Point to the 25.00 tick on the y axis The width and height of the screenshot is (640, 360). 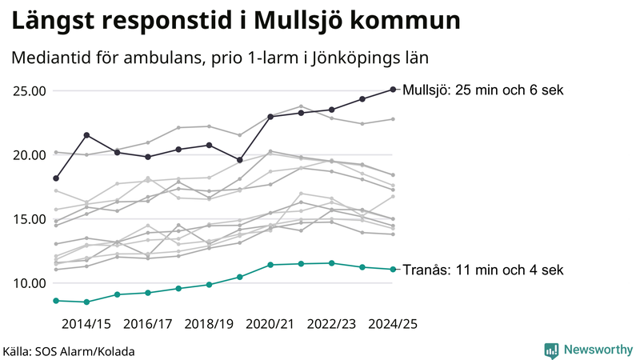(x=30, y=90)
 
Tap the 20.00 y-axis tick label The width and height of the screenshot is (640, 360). (x=30, y=154)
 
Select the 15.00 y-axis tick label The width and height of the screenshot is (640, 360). (x=30, y=218)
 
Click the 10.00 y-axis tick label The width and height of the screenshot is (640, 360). (x=30, y=283)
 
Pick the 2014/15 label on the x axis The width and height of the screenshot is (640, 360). (x=86, y=324)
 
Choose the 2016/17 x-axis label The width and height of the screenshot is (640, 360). (x=148, y=324)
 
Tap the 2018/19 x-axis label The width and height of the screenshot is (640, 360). (x=209, y=324)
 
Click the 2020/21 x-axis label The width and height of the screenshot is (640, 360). (x=270, y=324)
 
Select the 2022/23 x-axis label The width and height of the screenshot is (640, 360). (x=331, y=324)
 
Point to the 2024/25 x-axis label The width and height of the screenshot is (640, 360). (x=393, y=324)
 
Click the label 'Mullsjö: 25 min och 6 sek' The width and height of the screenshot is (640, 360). (x=484, y=90)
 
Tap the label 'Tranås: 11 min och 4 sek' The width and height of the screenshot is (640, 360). (x=484, y=270)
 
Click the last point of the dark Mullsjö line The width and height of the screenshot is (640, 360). (x=393, y=90)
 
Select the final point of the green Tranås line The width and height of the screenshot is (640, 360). (x=393, y=269)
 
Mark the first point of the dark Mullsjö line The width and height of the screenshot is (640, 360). (x=56, y=178)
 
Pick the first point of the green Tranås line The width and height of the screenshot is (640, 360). (x=56, y=300)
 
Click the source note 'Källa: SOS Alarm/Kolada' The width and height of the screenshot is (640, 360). (x=69, y=351)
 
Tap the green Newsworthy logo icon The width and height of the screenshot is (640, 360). (x=551, y=350)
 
